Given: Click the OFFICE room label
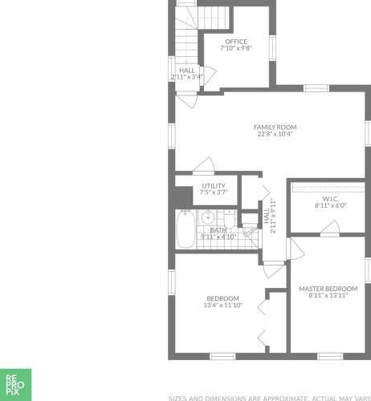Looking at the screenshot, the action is click(236, 42).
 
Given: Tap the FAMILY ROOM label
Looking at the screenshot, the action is click(275, 128).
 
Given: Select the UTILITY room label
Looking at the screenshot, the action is click(214, 186).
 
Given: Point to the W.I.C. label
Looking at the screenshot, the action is click(331, 199).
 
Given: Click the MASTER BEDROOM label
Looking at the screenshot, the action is click(328, 289).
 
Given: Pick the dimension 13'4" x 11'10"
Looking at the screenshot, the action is click(223, 305).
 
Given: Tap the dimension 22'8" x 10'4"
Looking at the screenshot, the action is click(275, 134).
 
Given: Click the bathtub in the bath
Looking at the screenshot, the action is click(185, 229).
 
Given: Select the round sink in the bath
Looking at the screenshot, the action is click(207, 217).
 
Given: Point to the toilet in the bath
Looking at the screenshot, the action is click(229, 220).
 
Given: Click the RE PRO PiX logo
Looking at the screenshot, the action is click(15, 385).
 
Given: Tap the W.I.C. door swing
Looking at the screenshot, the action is click(330, 228).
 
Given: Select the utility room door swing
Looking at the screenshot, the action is click(204, 166).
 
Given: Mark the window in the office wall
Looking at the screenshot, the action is click(272, 48).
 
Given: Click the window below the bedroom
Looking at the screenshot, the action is click(222, 356).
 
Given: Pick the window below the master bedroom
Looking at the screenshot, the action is click(330, 356).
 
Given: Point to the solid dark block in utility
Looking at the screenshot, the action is click(184, 196).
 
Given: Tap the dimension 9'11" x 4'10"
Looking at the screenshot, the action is click(218, 237).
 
